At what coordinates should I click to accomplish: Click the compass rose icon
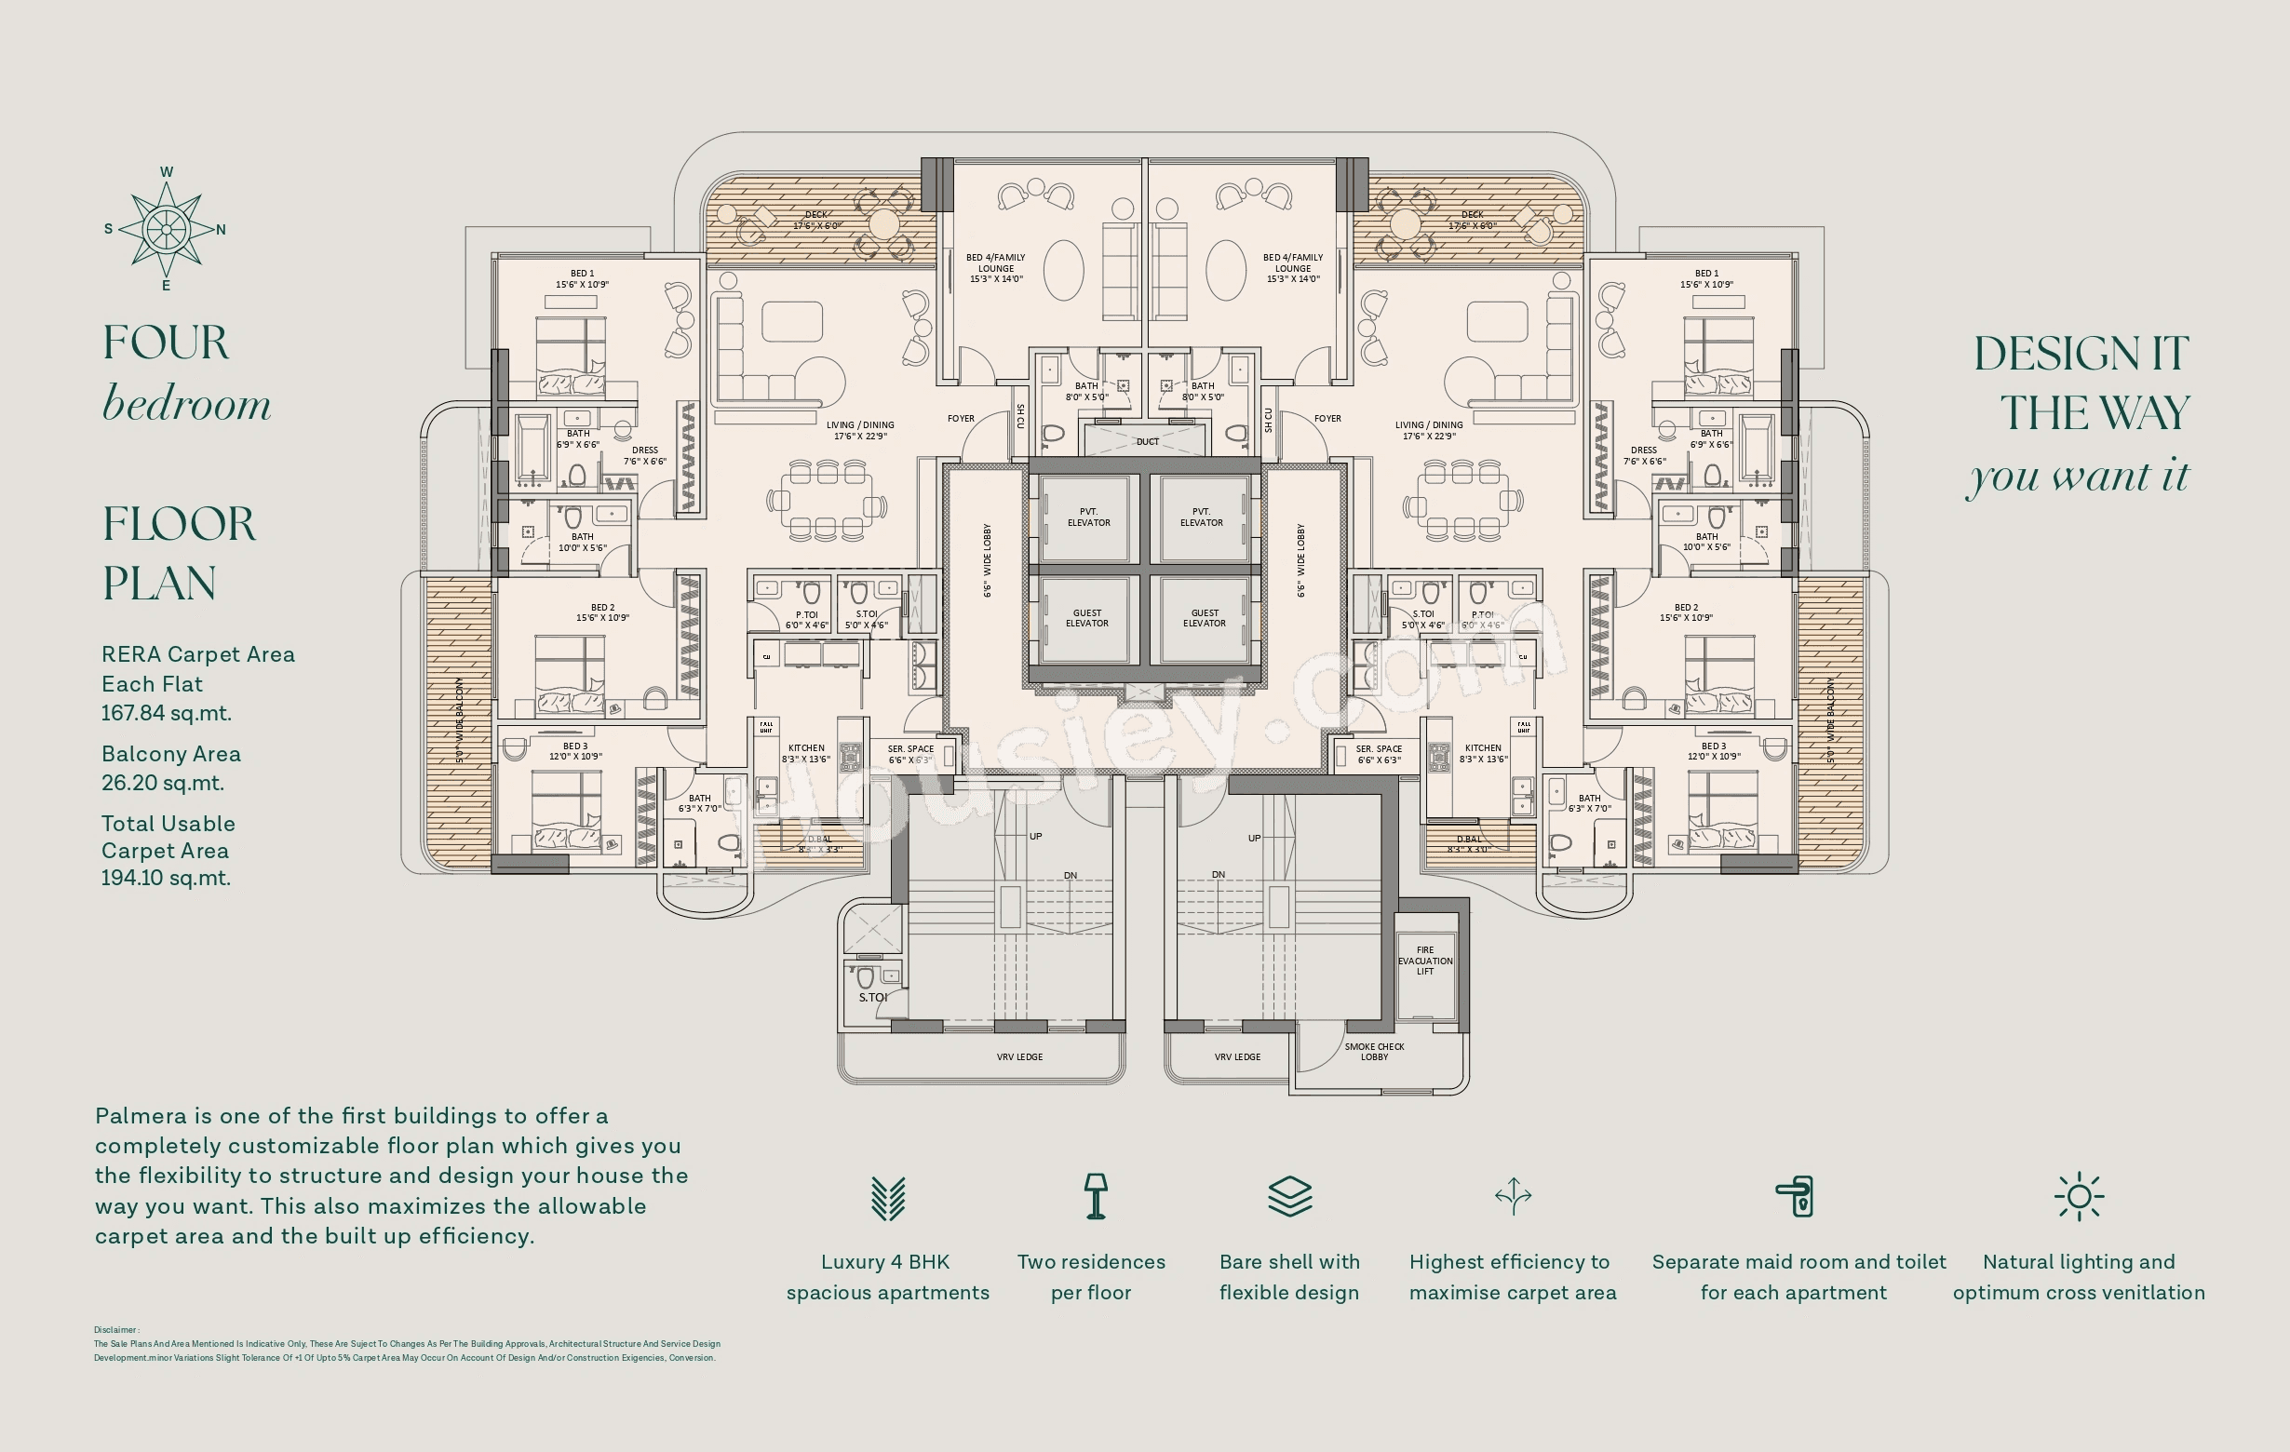(x=167, y=229)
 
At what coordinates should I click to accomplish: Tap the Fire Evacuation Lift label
(x=1424, y=961)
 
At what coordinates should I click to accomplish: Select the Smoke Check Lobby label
(x=1374, y=1052)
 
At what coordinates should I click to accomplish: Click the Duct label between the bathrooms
(x=1147, y=441)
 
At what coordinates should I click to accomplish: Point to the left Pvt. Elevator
(x=1088, y=518)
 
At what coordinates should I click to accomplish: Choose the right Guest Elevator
(x=1203, y=618)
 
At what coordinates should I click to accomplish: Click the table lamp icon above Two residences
(x=1096, y=1195)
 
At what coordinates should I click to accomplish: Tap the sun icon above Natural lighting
(x=2078, y=1196)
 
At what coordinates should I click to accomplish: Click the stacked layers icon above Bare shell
(x=1289, y=1195)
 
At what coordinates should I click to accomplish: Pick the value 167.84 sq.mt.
(x=167, y=713)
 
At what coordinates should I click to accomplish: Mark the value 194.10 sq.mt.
(x=166, y=878)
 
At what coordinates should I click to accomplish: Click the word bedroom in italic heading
(x=186, y=404)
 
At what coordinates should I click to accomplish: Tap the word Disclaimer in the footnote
(x=116, y=1330)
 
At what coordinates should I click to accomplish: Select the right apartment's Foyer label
(x=1327, y=419)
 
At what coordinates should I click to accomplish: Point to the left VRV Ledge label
(x=1019, y=1056)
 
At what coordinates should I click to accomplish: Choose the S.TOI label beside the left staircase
(x=872, y=998)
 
